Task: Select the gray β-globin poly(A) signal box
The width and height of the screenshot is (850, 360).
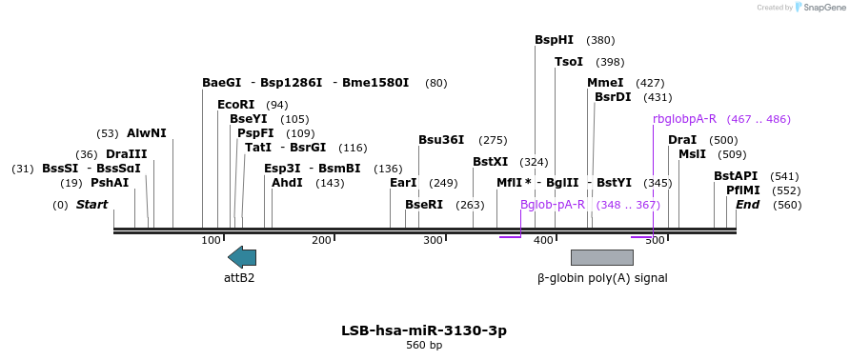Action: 601,257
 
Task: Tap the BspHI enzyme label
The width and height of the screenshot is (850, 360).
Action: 554,40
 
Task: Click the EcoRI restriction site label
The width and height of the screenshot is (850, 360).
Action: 235,105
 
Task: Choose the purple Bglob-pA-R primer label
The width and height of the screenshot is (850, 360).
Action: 552,205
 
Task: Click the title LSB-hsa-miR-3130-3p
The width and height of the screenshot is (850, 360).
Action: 424,330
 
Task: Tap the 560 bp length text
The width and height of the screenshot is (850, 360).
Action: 424,345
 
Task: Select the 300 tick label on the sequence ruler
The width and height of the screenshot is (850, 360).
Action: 433,240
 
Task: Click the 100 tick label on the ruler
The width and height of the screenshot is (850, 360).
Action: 211,240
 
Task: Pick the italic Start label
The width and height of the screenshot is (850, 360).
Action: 91,205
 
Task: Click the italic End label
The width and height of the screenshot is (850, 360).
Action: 747,205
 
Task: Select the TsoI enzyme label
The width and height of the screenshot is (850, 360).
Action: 569,62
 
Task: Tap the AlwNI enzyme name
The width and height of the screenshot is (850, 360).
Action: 146,133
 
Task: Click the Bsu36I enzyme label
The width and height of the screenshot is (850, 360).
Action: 441,140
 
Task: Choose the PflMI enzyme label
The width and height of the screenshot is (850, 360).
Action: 743,190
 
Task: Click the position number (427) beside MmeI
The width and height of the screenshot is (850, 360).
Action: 650,83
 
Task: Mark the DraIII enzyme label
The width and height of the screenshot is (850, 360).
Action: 126,154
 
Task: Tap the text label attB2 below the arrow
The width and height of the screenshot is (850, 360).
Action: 239,278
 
